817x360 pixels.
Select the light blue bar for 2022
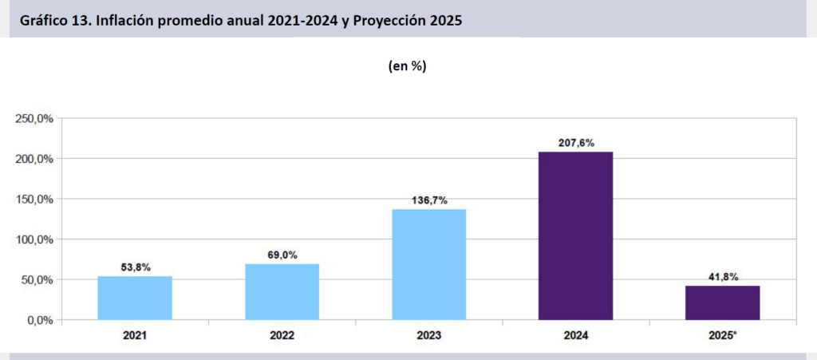tap(282, 291)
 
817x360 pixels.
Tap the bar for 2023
tap(428, 264)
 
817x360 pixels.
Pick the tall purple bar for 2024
tap(575, 235)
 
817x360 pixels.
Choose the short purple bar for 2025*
tap(722, 303)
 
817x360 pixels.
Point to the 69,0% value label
tap(282, 255)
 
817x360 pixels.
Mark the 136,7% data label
tap(428, 201)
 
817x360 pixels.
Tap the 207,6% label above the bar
tap(575, 144)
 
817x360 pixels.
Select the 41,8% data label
tap(722, 277)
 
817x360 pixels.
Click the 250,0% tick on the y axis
tap(34, 119)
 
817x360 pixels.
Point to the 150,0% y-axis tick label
tap(34, 200)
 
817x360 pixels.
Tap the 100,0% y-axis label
tap(34, 239)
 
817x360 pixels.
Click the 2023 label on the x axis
tap(428, 336)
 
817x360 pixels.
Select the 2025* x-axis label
tap(723, 336)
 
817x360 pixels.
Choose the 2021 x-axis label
tap(135, 336)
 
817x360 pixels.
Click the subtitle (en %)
tap(407, 67)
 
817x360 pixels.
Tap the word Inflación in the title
tap(126, 21)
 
